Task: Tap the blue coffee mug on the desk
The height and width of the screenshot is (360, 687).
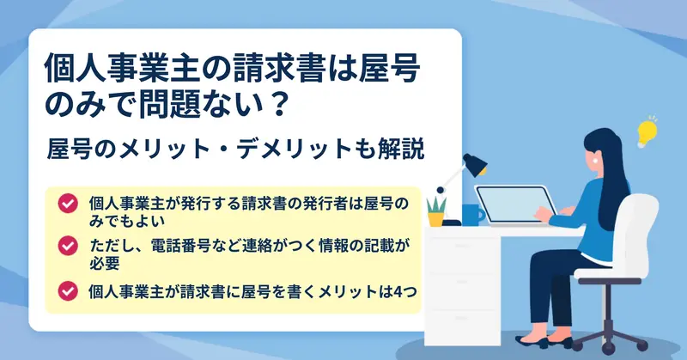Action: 473,215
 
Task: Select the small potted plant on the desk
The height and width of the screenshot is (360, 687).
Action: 436,212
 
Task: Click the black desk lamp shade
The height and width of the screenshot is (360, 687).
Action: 476,164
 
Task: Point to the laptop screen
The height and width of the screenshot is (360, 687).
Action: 514,204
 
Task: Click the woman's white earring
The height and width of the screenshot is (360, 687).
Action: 595,161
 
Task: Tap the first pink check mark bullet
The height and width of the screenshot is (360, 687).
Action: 68,204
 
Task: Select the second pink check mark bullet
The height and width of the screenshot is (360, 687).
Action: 68,246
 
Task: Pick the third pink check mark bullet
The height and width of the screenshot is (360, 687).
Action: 68,291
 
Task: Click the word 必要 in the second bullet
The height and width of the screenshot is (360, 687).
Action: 105,263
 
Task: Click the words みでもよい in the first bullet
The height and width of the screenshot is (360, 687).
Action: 127,221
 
